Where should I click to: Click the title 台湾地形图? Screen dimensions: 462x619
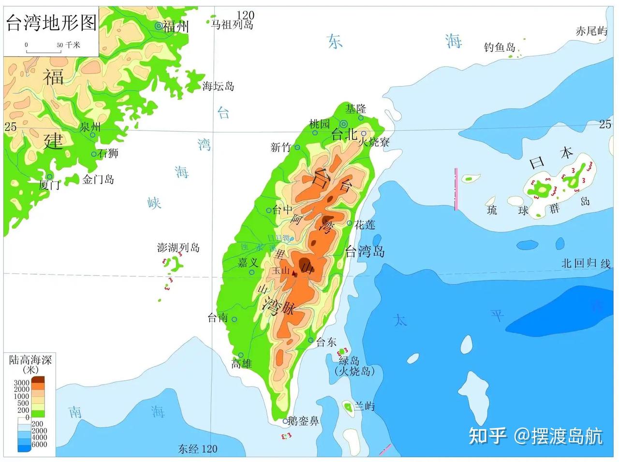coord(51,23)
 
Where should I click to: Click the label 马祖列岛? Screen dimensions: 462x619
coord(232,24)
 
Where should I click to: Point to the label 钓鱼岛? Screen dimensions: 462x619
coord(500,47)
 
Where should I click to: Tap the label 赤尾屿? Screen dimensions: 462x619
coord(591,31)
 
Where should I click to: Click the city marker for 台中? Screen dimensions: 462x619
coord(269,210)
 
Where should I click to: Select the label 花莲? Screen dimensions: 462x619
coord(365,225)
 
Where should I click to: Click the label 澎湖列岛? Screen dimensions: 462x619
coord(178,247)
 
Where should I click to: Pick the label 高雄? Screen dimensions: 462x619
coord(241,363)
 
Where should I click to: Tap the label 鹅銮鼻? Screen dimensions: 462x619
coord(303,421)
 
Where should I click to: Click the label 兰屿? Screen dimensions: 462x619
coord(364,405)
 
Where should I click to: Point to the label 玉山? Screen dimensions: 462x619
coord(280,271)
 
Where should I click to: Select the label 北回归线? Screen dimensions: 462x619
coord(586,263)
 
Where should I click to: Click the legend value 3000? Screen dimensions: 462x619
coord(21,383)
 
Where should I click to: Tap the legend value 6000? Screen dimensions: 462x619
coord(39,444)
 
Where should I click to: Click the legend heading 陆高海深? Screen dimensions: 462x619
coord(30,360)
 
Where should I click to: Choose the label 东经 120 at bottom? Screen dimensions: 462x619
coord(197,449)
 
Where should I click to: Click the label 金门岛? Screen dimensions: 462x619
coord(98,180)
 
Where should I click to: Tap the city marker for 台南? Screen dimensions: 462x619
coord(234,319)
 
